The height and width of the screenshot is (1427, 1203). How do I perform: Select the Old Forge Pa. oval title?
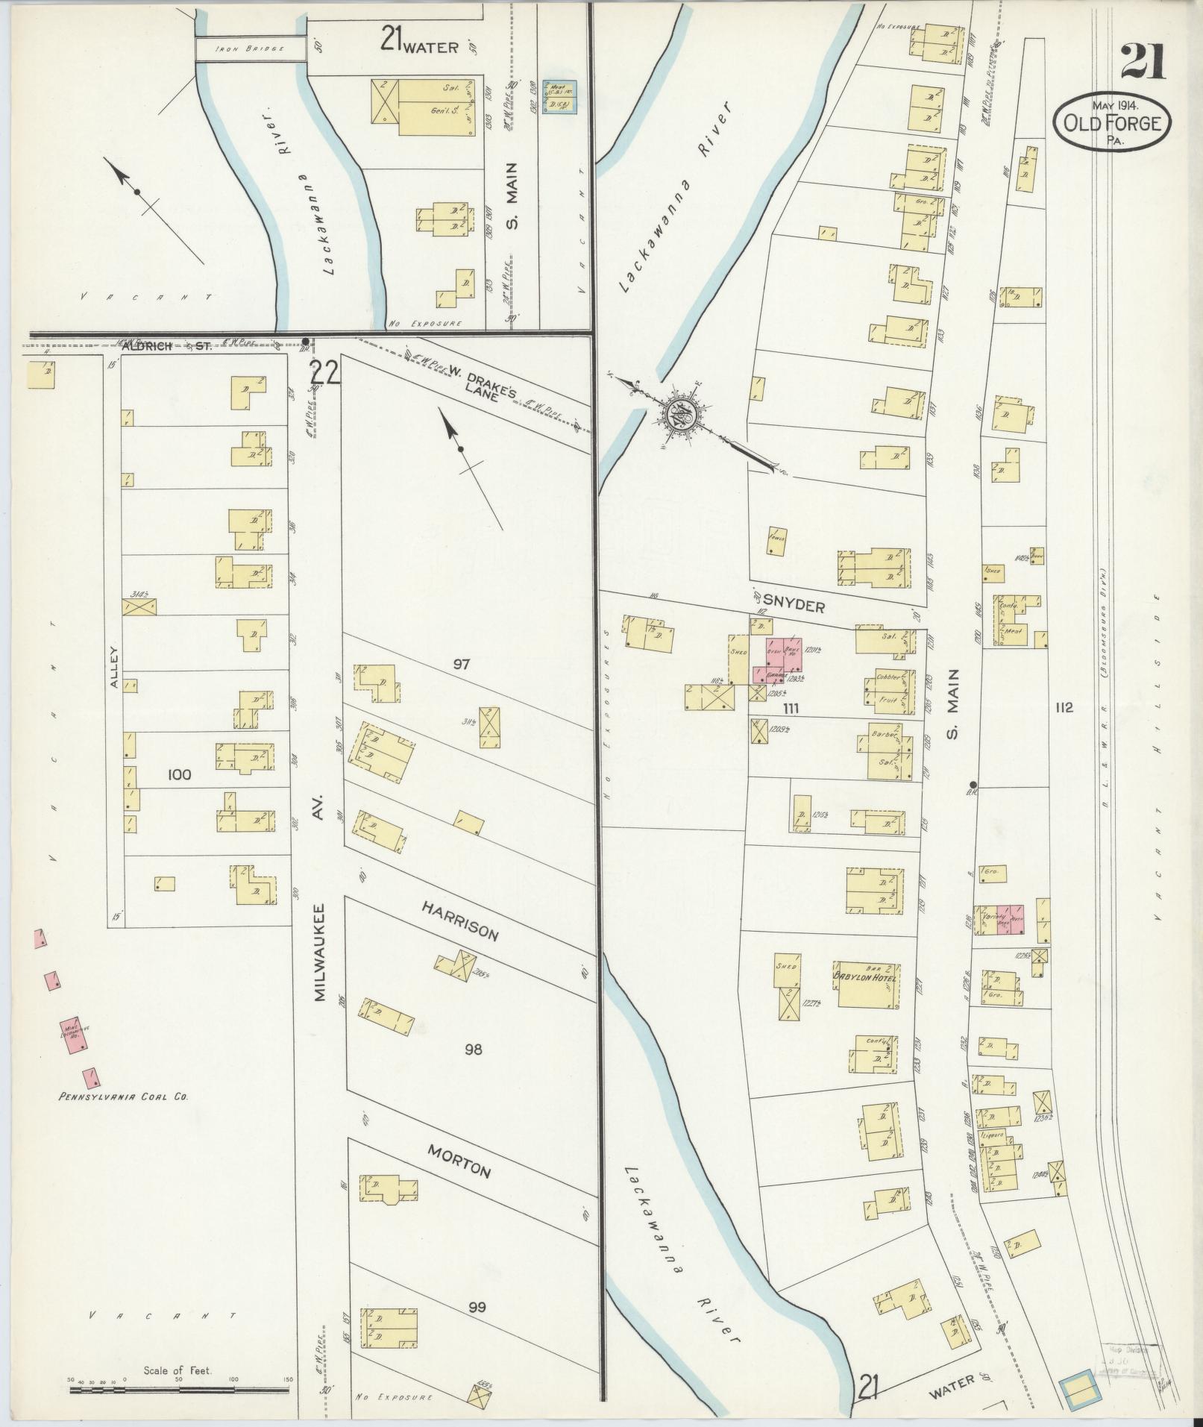[1113, 122]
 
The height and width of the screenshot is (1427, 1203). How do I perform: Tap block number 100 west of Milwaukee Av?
[179, 775]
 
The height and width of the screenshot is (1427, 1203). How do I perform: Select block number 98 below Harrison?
[473, 1050]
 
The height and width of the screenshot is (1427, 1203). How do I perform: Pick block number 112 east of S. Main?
[1064, 707]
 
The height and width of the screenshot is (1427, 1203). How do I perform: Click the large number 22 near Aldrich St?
[326, 371]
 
